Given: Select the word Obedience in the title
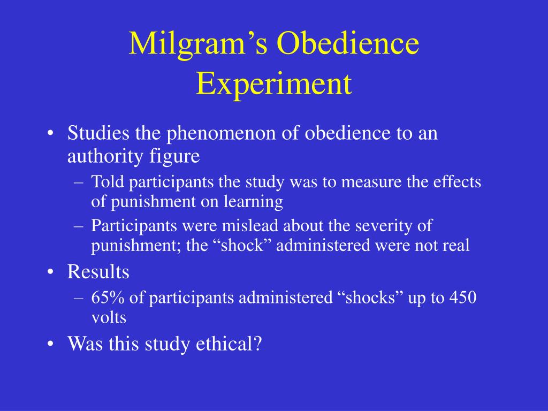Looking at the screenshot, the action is click(348, 43).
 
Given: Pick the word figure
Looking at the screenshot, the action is click(175, 157).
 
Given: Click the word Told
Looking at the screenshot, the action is click(108, 182).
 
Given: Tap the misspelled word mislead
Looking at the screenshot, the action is click(250, 226).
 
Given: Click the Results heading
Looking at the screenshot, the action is click(98, 272).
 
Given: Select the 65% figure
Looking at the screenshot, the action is click(108, 298).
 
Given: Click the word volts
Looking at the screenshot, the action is click(109, 318).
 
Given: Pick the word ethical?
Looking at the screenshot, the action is click(229, 344).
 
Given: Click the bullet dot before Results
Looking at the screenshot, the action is click(51, 272).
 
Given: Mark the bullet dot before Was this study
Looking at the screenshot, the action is click(51, 344).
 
